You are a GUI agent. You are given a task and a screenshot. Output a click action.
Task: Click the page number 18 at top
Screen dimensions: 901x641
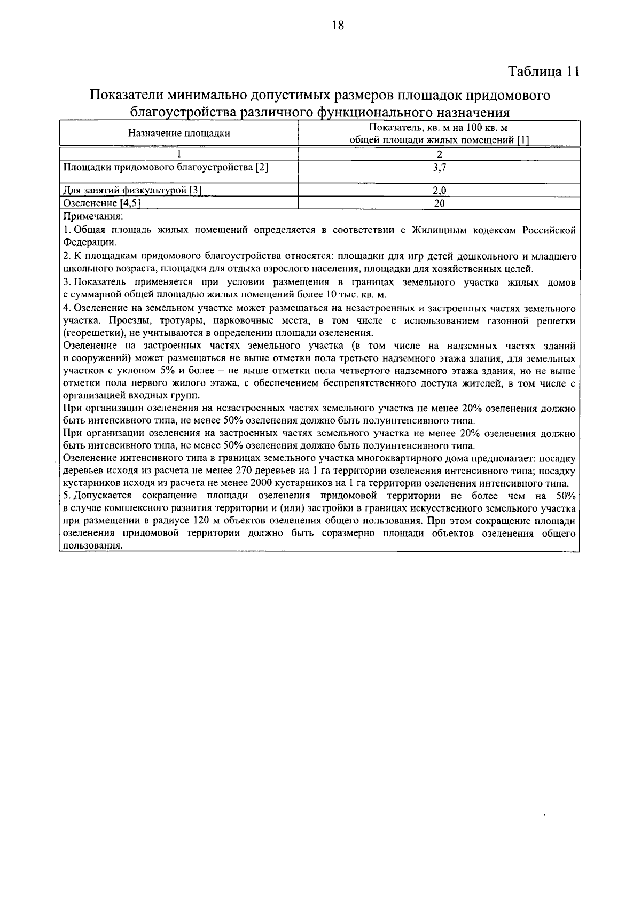pos(338,26)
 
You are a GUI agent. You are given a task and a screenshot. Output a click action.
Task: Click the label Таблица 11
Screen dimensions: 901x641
pos(543,72)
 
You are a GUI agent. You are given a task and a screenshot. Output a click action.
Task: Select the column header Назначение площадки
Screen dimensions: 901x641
pos(179,134)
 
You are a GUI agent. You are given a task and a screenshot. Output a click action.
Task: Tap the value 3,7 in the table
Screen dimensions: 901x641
pos(439,167)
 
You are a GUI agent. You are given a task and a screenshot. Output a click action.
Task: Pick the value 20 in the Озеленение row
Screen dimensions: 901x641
pos(439,203)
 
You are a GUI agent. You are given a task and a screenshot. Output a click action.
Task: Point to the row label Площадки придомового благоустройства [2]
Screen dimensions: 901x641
pos(166,167)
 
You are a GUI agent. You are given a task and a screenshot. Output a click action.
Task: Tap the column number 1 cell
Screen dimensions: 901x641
pos(179,155)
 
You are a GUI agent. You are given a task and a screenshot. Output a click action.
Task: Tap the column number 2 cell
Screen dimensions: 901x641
pos(439,155)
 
